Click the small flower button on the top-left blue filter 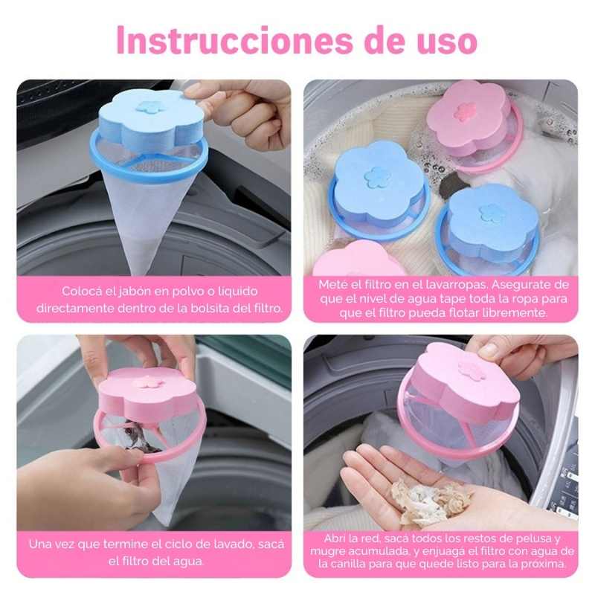(x=149, y=107)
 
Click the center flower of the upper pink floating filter (x=463, y=112)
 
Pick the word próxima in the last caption (x=543, y=565)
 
